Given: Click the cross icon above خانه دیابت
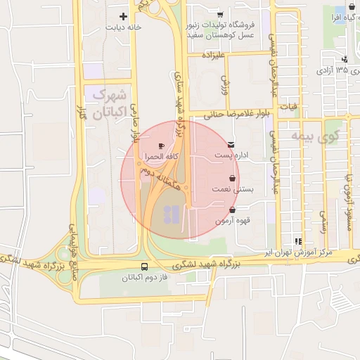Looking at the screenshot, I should tap(124, 16).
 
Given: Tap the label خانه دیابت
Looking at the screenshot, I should tap(124, 28).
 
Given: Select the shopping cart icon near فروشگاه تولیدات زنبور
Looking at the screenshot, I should tap(220, 15).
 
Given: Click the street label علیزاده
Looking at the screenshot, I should tap(212, 54).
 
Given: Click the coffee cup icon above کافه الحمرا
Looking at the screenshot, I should tap(162, 146).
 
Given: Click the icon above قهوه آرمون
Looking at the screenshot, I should tap(232, 210).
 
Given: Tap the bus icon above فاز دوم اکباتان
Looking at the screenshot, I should tap(144, 266).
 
